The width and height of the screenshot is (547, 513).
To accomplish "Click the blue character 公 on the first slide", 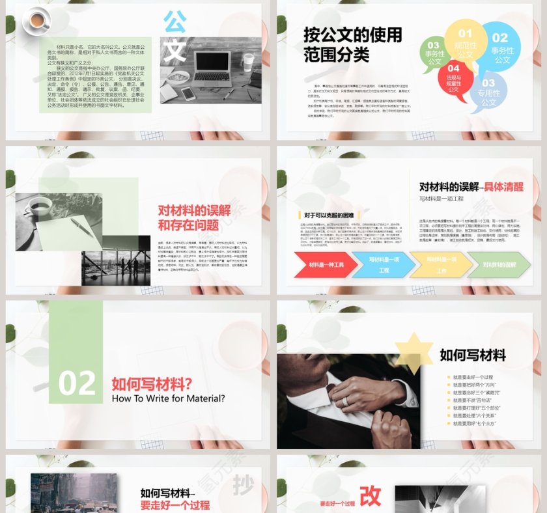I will (x=175, y=21).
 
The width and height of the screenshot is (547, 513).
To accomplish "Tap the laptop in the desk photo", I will (x=206, y=66).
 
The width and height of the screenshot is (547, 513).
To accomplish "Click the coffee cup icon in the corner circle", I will (x=37, y=21).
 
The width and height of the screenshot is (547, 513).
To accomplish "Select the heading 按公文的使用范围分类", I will (x=352, y=44).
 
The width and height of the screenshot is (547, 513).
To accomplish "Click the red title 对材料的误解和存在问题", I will (x=193, y=217).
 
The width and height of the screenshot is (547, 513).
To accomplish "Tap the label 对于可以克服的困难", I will (x=329, y=215).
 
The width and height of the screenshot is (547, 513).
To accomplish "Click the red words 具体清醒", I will (x=503, y=187).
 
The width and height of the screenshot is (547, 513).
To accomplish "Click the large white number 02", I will (x=76, y=383).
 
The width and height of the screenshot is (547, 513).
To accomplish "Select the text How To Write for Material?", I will (x=168, y=398).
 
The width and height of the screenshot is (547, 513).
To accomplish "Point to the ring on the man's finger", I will (x=345, y=402).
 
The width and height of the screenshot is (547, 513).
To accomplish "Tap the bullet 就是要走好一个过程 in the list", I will (x=473, y=377).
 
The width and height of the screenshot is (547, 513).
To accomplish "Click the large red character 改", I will (x=370, y=495).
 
